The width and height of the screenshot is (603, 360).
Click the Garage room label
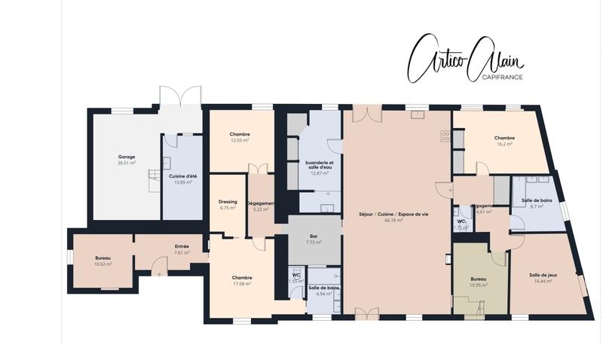tap(126, 157)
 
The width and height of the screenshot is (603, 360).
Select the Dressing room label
tap(228, 202)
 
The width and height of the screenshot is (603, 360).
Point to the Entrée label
tap(182, 246)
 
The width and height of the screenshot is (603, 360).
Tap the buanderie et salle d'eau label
tap(320, 164)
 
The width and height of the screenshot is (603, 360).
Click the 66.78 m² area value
tap(394, 221)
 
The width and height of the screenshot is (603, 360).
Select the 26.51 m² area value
tap(126, 163)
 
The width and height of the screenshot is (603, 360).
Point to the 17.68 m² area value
tap(242, 283)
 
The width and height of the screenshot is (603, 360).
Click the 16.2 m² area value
tap(504, 144)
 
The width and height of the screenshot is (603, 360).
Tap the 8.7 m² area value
tap(537, 206)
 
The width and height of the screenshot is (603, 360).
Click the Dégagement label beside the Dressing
tap(261, 203)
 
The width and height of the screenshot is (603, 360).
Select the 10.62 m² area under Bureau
tap(103, 264)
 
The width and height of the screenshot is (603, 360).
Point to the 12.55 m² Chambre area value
tap(240, 140)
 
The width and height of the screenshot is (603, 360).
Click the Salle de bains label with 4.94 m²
tap(324, 288)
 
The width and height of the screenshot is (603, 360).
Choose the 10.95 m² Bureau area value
tap(479, 285)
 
